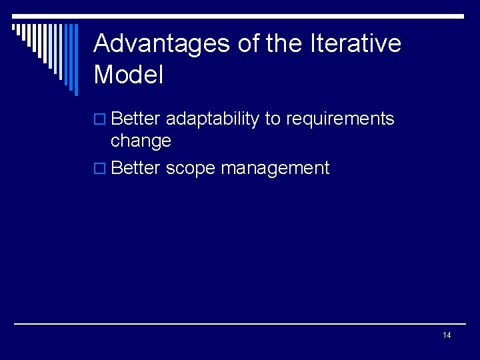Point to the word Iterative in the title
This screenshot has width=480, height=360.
pyautogui.click(x=355, y=44)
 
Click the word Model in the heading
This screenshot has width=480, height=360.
pyautogui.click(x=129, y=75)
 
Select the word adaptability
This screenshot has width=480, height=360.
pyautogui.click(x=212, y=119)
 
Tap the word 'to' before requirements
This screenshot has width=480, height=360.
pyautogui.click(x=273, y=119)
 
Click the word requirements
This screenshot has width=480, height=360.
pyautogui.click(x=340, y=120)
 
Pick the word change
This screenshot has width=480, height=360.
pyautogui.click(x=141, y=141)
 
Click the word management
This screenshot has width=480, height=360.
pyautogui.click(x=275, y=169)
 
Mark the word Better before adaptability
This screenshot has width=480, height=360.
pyautogui.click(x=136, y=119)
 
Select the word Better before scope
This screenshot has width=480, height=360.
pyautogui.click(x=136, y=168)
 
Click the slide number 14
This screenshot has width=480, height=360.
pyautogui.click(x=447, y=335)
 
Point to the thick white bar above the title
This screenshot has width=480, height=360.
pyautogui.click(x=267, y=16)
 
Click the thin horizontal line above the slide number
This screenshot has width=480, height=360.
pyautogui.click(x=240, y=324)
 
